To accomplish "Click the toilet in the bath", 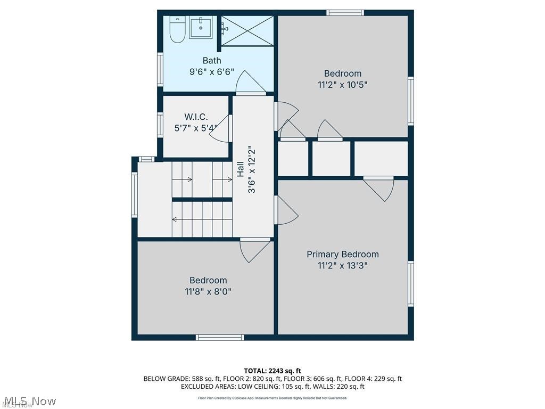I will (x=177, y=31).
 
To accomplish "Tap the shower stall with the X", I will (x=246, y=31).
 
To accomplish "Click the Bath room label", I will (x=212, y=61).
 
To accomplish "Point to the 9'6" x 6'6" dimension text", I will (x=212, y=72).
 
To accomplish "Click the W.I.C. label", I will (x=196, y=117).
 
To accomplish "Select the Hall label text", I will (x=241, y=169).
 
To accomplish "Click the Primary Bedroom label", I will (x=343, y=255).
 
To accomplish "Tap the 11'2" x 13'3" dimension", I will (x=343, y=265).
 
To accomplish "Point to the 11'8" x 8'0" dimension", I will (x=208, y=291).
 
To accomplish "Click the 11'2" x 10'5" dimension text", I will (x=343, y=84).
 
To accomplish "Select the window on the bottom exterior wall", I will (x=220, y=337).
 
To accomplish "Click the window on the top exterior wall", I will (x=345, y=13).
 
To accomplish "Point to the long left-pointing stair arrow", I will (x=202, y=219).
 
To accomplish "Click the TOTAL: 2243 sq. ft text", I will (x=272, y=371).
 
